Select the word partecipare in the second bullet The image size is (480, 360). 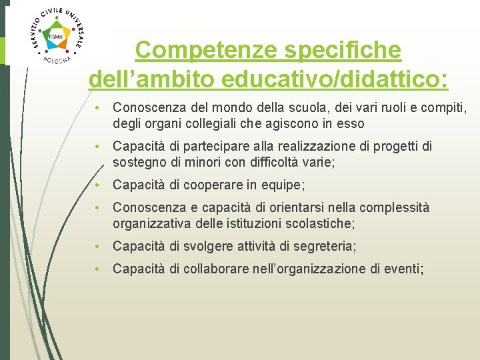218,146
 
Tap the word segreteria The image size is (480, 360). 324,247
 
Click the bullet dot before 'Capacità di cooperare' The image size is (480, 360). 97,185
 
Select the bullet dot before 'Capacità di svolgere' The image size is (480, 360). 97,247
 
